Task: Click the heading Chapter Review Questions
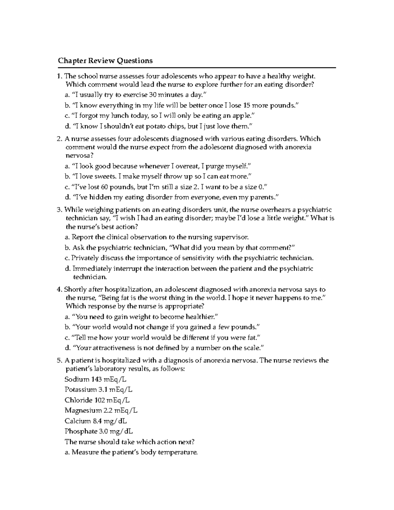pos(105,61)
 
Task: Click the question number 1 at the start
pos(59,77)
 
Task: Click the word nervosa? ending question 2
pos(77,156)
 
